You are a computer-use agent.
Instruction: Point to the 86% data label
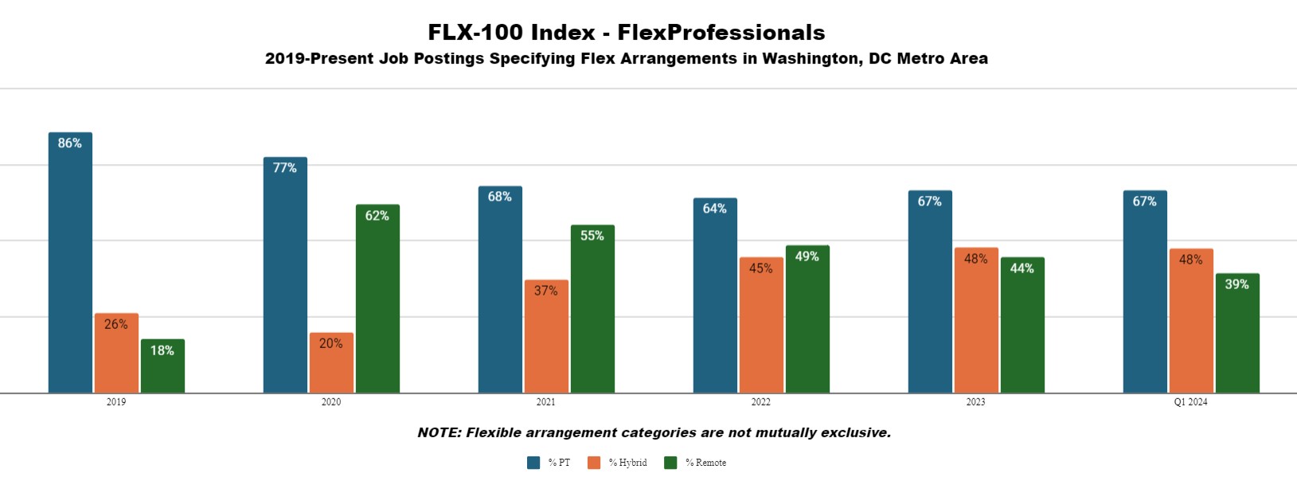point(70,143)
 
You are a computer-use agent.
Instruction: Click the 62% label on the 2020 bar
point(377,216)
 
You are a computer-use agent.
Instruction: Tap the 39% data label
point(1237,284)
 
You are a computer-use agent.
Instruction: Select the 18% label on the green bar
point(162,350)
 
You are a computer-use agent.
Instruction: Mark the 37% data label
point(546,291)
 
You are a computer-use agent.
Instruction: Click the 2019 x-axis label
point(116,402)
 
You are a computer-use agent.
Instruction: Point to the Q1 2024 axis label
point(1190,402)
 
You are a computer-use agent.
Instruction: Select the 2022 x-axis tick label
point(760,402)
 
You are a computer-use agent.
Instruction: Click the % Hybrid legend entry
point(627,463)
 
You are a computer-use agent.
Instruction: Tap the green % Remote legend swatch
point(670,463)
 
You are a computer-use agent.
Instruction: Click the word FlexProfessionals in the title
point(721,33)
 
